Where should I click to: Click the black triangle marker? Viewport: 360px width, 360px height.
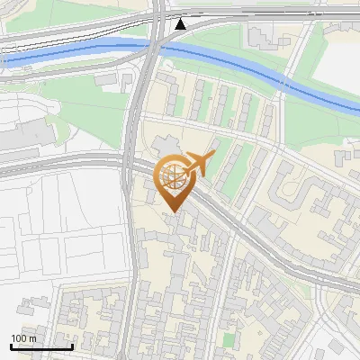181,23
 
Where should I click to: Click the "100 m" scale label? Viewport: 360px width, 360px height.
23,338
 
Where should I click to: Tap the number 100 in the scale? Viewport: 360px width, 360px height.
19,338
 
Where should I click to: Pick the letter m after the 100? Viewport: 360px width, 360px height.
32,338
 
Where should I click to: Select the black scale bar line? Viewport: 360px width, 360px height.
41,346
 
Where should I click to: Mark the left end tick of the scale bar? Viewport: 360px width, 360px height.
11,345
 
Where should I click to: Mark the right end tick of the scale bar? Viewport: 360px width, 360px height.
72,345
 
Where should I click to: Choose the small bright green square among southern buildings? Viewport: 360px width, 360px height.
229,340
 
